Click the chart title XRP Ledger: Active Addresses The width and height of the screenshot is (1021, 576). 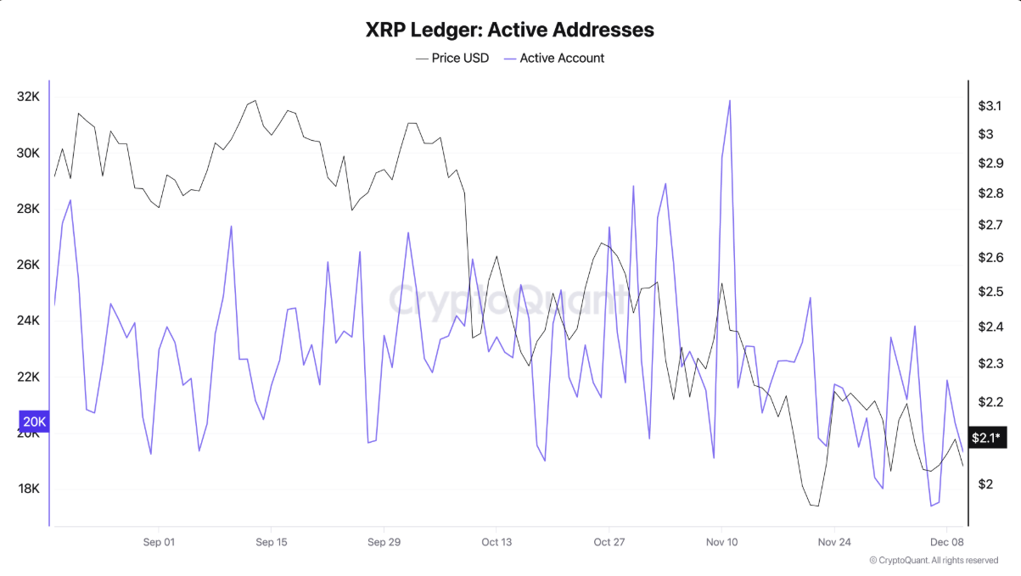click(509, 30)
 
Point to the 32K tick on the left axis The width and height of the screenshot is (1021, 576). click(28, 97)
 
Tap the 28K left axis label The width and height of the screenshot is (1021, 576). click(28, 209)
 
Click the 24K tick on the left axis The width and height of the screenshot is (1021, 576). click(28, 321)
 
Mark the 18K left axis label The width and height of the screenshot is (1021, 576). click(28, 489)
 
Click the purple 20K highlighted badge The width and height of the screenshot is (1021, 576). click(35, 422)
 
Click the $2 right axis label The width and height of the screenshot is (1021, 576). click(985, 484)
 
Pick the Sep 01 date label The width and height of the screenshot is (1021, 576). click(159, 541)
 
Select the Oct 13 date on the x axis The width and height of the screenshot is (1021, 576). click(496, 541)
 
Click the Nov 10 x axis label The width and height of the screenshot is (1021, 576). click(721, 541)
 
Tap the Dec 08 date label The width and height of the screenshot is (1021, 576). click(946, 541)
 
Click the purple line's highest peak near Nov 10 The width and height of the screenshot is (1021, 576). click(730, 101)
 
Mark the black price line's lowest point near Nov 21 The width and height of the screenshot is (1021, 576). click(816, 506)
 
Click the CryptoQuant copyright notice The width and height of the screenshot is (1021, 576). click(934, 561)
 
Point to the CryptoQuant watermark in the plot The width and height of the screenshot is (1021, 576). click(509, 299)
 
